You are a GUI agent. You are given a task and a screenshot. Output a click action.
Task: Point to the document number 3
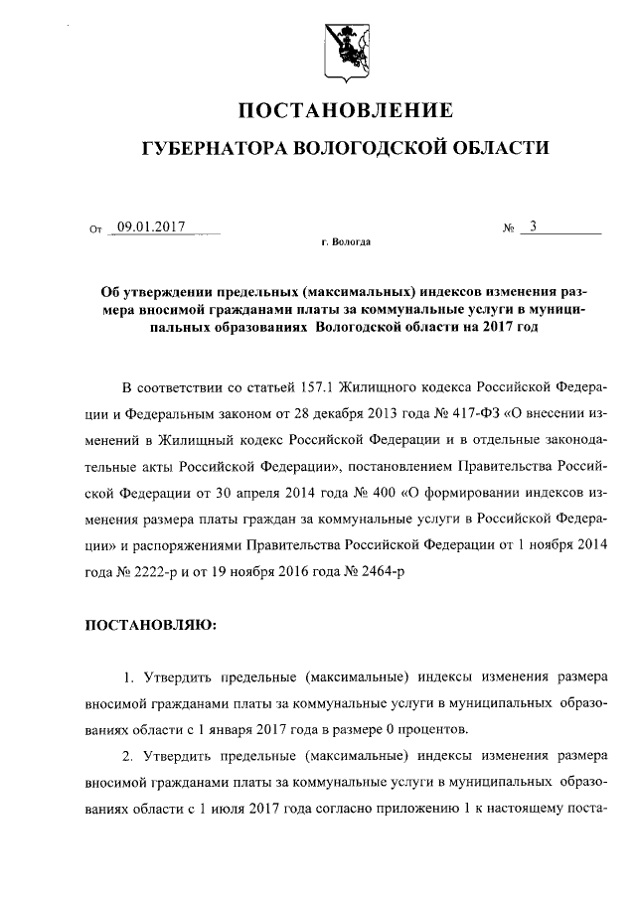pos(534,226)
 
